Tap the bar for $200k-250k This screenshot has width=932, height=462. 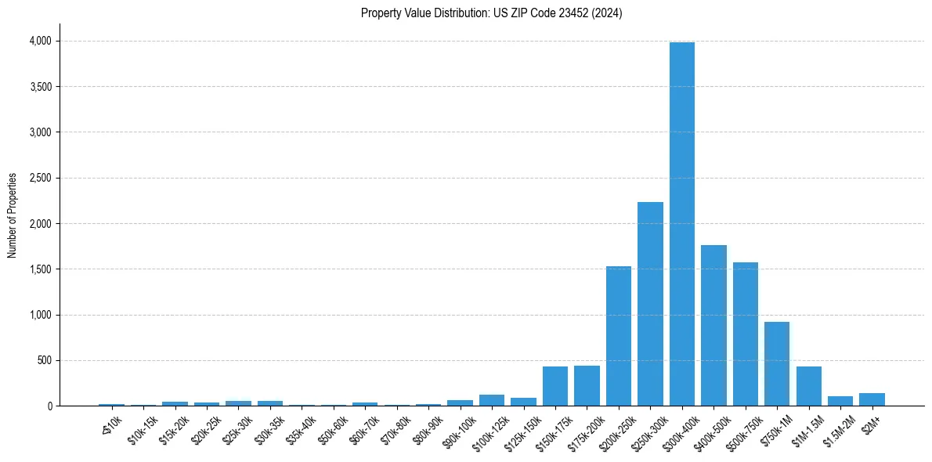click(618, 336)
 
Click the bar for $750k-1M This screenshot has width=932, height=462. click(777, 364)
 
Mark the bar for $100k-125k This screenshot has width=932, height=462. click(492, 400)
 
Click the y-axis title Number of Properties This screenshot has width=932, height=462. click(13, 215)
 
